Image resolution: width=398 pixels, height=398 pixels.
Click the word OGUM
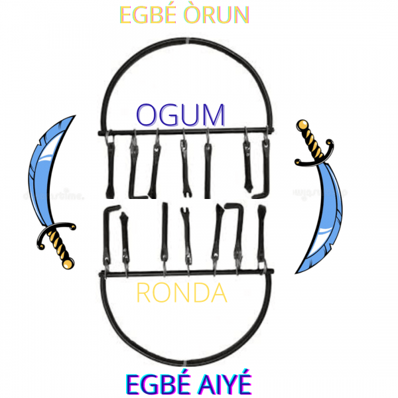coord(180,114)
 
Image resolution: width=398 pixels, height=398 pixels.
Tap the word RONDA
coord(181,292)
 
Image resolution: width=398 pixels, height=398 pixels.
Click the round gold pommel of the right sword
coord(302,124)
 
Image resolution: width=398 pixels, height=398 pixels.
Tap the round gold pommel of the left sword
coord(67,264)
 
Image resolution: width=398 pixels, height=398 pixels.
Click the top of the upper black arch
coord(187,42)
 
